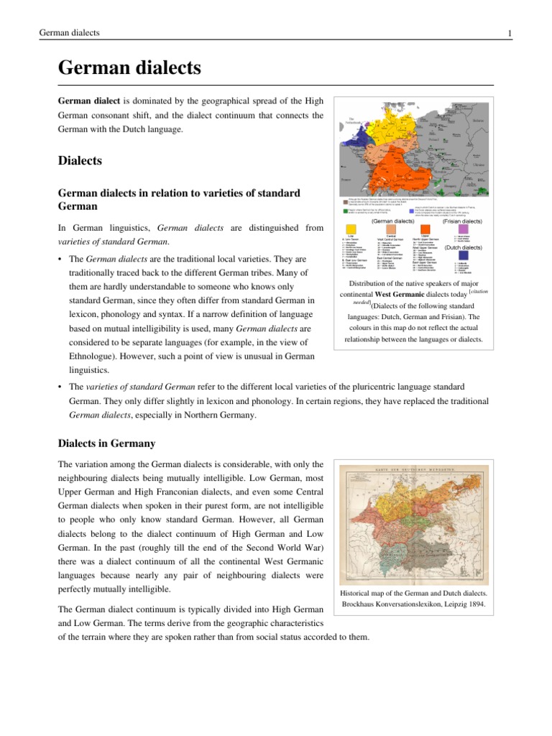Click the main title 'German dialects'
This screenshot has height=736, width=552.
click(x=129, y=69)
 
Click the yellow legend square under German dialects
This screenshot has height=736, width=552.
click(x=351, y=229)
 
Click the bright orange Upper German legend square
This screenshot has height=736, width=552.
click(x=425, y=229)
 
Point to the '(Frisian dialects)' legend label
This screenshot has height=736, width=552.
click(x=462, y=221)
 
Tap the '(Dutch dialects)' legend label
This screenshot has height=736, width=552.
click(x=463, y=247)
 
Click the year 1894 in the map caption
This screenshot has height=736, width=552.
click(x=475, y=604)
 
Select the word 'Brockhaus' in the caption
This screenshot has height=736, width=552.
click(x=359, y=604)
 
